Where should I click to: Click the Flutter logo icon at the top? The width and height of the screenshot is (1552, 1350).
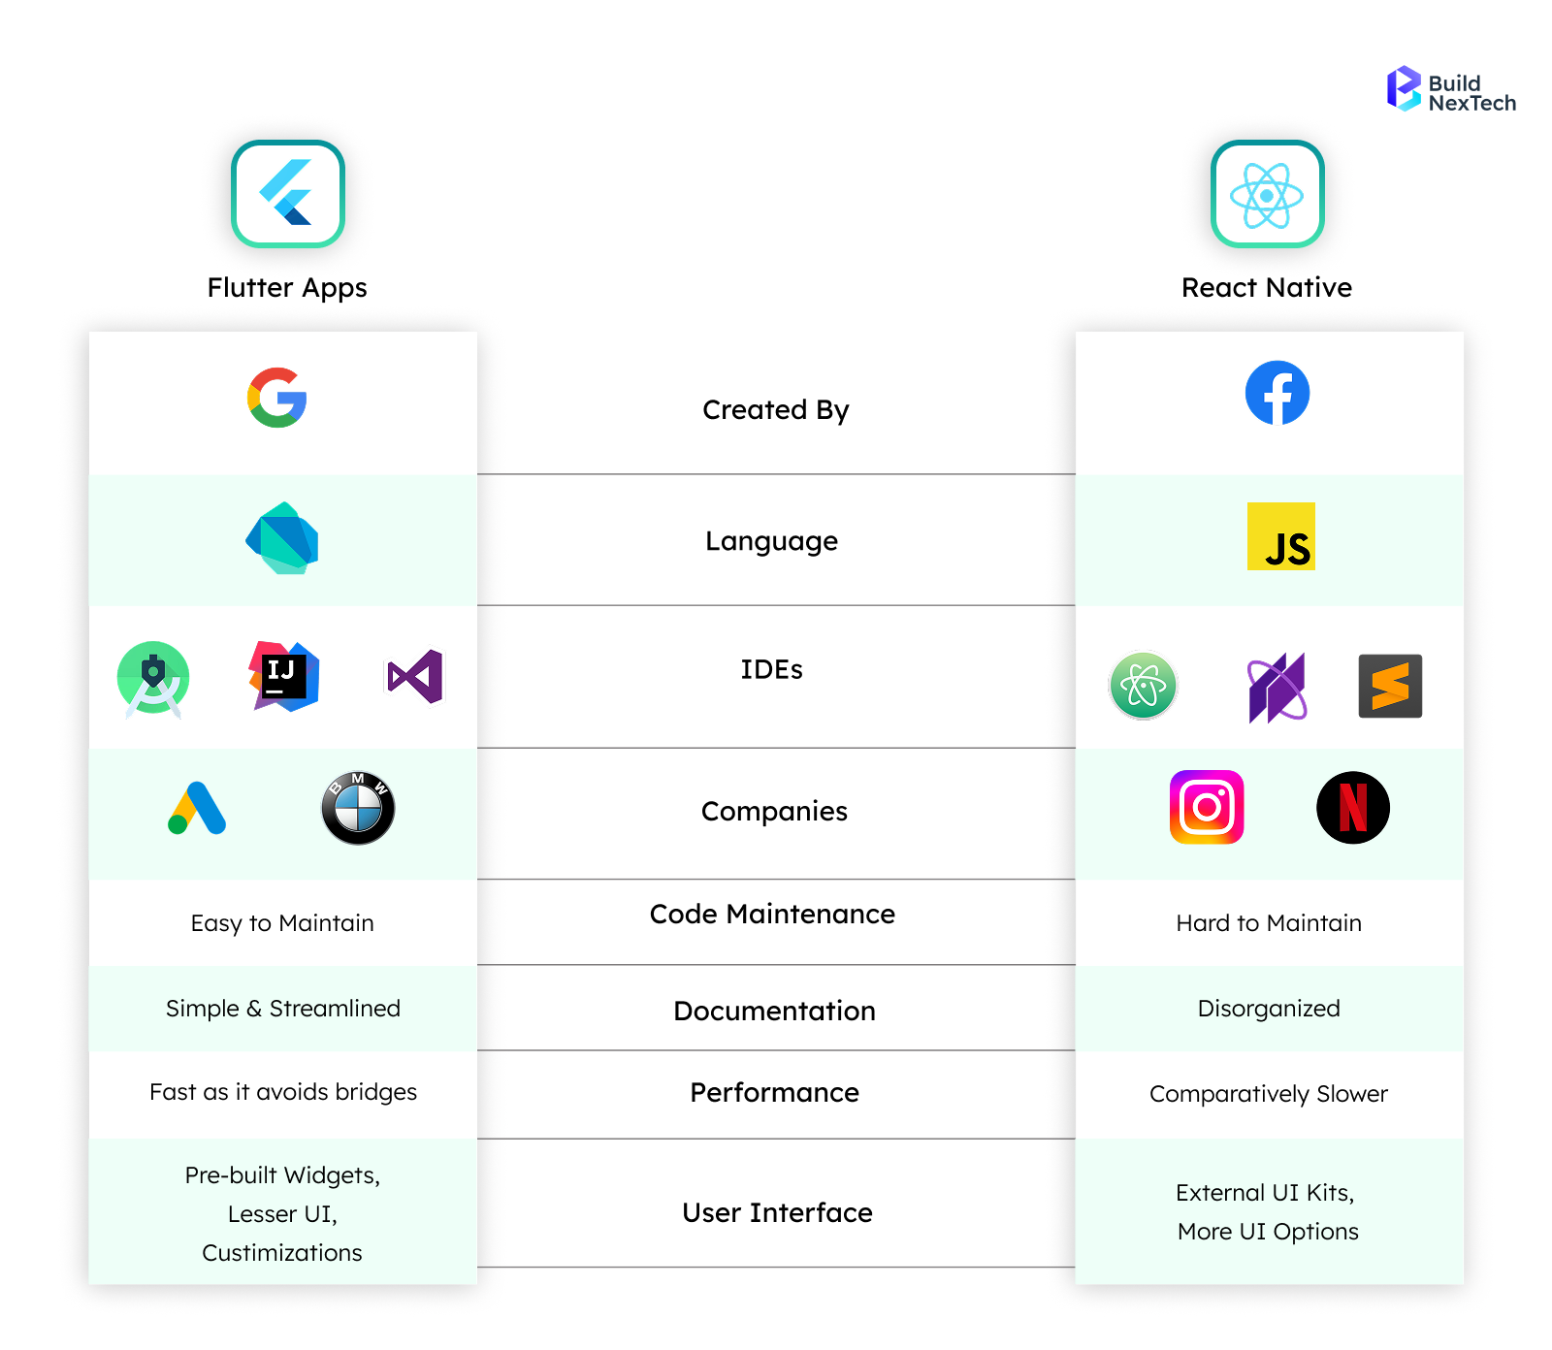pos(288,194)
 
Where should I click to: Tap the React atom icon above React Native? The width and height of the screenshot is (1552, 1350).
pos(1267,195)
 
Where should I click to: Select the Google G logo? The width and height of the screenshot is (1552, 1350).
pos(277,398)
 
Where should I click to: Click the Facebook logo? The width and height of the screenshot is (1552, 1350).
pos(1277,393)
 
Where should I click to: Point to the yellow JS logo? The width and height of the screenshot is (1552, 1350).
pos(1280,536)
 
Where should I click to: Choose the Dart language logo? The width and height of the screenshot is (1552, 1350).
pos(282,538)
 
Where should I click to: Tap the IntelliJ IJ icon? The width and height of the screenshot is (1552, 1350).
pos(283,676)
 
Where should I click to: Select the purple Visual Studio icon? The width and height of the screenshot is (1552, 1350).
pos(415,676)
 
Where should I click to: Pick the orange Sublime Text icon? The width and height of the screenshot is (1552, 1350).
pos(1390,686)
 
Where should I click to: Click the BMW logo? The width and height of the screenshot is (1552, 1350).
pos(358,808)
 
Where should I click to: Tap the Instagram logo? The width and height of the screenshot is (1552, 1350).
pos(1207,807)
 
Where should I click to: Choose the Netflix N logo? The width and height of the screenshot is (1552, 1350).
pos(1353,807)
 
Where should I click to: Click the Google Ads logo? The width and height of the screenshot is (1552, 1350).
pos(197,808)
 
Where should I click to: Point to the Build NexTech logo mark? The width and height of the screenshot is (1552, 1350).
pos(1403,88)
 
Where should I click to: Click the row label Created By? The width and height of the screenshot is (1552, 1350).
pos(776,410)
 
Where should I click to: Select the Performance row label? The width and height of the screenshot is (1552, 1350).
pos(774,1093)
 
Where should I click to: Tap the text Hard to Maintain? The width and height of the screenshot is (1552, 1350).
pos(1269,923)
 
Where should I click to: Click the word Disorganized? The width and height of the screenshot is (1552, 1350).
pos(1269,1009)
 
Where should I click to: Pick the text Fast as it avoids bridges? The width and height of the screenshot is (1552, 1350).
pos(283,1092)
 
